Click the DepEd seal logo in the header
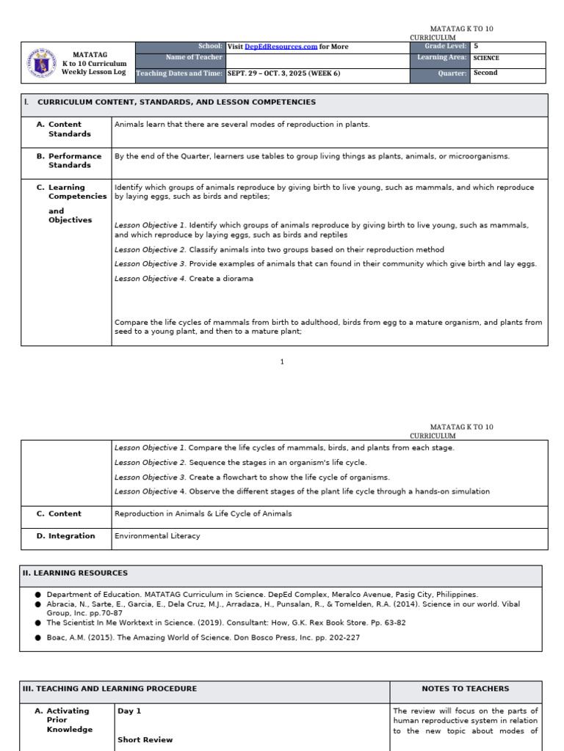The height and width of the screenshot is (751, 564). pyautogui.click(x=41, y=63)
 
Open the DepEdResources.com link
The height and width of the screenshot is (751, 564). pyautogui.click(x=281, y=46)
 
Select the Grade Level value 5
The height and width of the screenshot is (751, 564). pyautogui.click(x=476, y=46)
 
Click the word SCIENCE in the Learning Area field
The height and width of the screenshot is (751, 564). pyautogui.click(x=486, y=58)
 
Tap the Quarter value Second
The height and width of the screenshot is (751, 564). pyautogui.click(x=485, y=73)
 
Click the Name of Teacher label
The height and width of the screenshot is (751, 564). pyautogui.click(x=194, y=57)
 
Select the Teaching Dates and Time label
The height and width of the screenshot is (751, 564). pyautogui.click(x=179, y=73)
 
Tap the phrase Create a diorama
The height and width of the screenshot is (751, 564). pyautogui.click(x=221, y=279)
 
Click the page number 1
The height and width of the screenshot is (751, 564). pyautogui.click(x=281, y=362)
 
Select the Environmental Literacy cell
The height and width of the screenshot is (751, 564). pyautogui.click(x=157, y=536)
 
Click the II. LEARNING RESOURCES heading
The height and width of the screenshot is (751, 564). pyautogui.click(x=75, y=573)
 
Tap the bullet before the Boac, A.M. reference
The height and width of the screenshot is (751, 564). pyautogui.click(x=37, y=638)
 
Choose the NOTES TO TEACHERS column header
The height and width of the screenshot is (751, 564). pyautogui.click(x=465, y=689)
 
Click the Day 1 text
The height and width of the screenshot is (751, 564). pyautogui.click(x=129, y=711)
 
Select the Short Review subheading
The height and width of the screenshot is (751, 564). pyautogui.click(x=145, y=740)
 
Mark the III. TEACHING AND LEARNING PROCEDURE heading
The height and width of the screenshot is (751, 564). pyautogui.click(x=110, y=689)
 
